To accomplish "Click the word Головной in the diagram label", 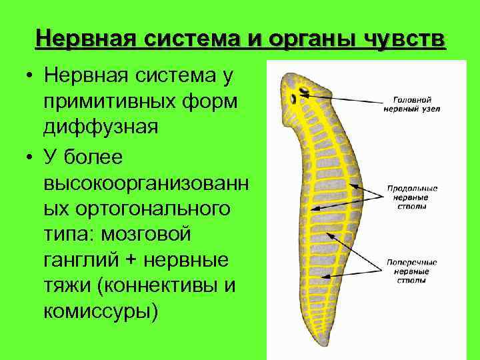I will pyautogui.click(x=407, y=96).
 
